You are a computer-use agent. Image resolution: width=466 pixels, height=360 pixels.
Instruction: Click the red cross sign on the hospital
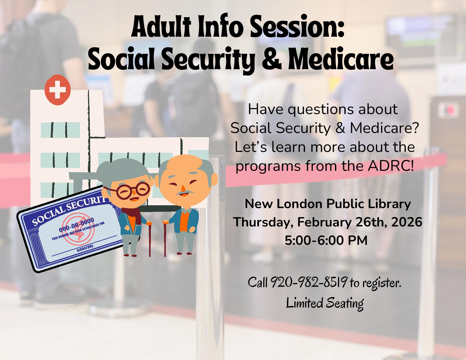point(57,90)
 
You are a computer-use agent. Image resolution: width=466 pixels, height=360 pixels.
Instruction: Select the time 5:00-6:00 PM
point(326,241)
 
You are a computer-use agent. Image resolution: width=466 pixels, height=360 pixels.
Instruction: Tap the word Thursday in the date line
point(264,222)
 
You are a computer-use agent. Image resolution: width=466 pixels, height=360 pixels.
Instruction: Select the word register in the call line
point(382,283)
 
